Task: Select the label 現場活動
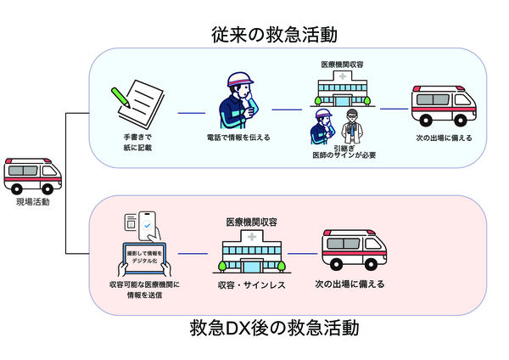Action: pyautogui.click(x=33, y=203)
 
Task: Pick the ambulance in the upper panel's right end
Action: pyautogui.click(x=440, y=105)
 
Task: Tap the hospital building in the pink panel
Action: pyautogui.click(x=252, y=251)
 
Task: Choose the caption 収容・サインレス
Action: pyautogui.click(x=252, y=284)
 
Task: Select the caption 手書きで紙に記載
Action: pyautogui.click(x=136, y=143)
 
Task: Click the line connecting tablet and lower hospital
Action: pyautogui.click(x=193, y=255)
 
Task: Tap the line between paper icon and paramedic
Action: pyautogui.click(x=191, y=111)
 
